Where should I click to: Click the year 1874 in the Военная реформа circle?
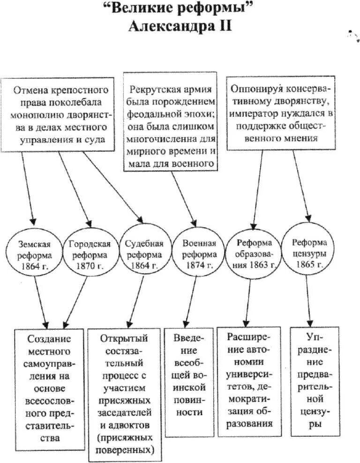pos(193,266)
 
